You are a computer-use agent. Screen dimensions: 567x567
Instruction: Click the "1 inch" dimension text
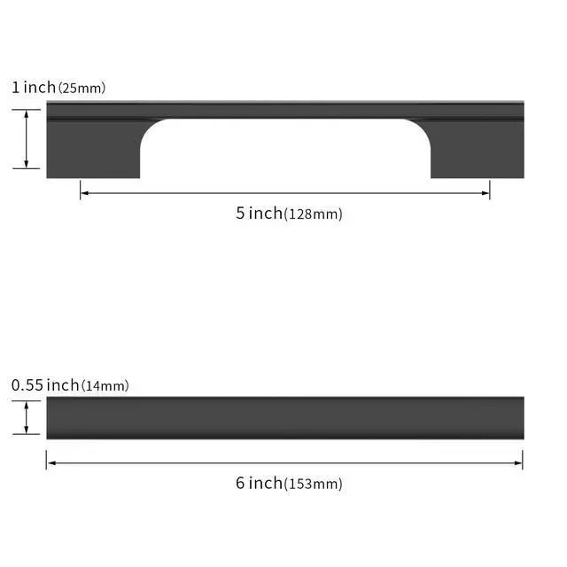coord(34,88)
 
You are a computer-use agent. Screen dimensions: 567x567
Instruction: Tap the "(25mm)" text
coord(82,89)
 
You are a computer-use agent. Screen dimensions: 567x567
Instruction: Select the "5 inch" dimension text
coord(259,213)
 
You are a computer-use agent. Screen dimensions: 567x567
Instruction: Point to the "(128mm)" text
coord(313,214)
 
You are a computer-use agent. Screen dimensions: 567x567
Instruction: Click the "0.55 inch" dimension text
coord(45,385)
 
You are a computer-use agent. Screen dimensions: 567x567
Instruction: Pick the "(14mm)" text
coord(105,386)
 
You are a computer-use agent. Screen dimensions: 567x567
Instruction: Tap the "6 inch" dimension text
coord(259,483)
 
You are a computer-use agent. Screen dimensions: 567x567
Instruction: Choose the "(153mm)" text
coord(313,484)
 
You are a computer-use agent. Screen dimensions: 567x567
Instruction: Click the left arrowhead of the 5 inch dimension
coord(85,193)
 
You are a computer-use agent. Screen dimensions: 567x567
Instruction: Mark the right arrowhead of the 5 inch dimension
coord(485,193)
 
